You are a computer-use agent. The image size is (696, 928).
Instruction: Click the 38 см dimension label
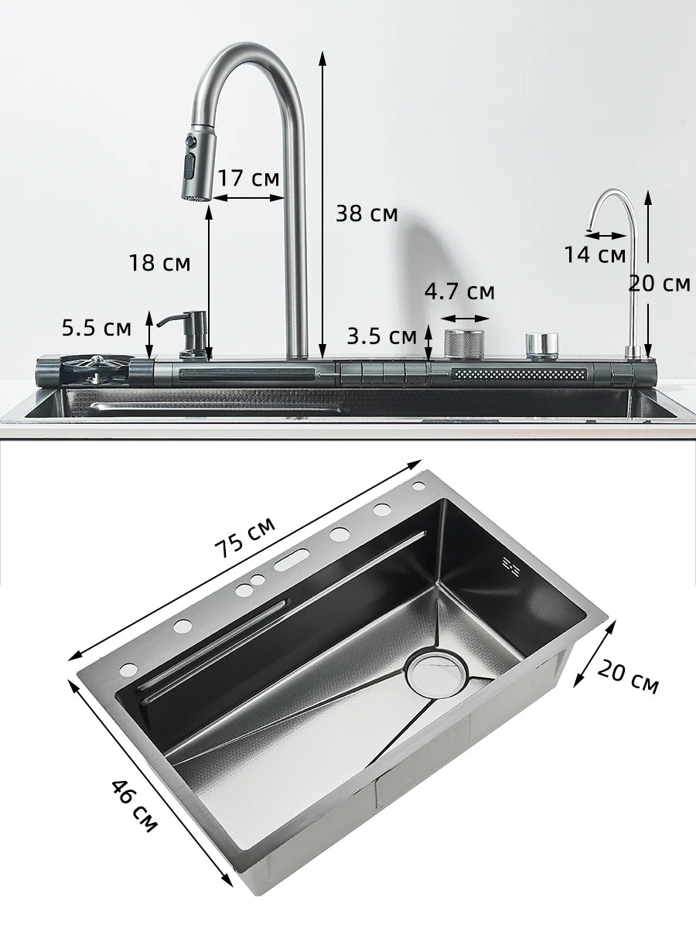click(x=367, y=213)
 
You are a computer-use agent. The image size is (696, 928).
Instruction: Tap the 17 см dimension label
click(x=247, y=178)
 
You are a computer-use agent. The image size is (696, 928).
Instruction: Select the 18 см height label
click(x=159, y=263)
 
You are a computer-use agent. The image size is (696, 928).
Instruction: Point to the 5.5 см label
click(x=97, y=328)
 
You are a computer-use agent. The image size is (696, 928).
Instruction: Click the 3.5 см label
click(x=381, y=336)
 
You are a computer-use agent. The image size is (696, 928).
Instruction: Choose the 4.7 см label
click(x=459, y=292)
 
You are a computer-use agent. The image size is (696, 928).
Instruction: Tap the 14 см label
click(x=595, y=254)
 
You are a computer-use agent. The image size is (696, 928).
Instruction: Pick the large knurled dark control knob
click(x=464, y=343)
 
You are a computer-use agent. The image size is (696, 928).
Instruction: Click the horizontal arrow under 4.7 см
click(x=466, y=318)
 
